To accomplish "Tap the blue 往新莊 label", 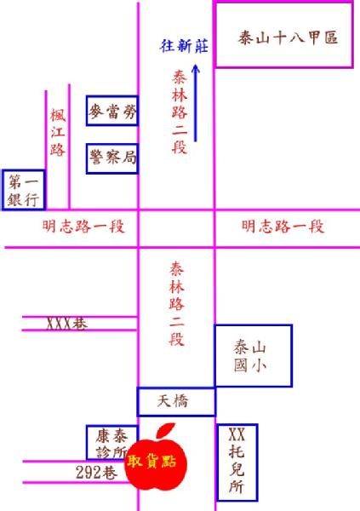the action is click(x=184, y=46).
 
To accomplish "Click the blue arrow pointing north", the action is click(x=196, y=103).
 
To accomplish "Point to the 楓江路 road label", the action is click(x=58, y=133).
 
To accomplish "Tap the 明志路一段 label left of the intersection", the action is click(x=83, y=227).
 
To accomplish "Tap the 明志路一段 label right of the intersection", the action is click(x=283, y=227).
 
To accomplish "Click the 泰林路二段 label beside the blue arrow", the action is click(x=180, y=112).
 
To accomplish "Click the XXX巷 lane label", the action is click(x=67, y=324).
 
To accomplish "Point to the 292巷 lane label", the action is click(x=96, y=472).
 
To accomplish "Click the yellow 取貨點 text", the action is click(x=151, y=461).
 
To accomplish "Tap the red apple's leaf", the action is click(x=166, y=431).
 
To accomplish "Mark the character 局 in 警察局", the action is click(x=129, y=158).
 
